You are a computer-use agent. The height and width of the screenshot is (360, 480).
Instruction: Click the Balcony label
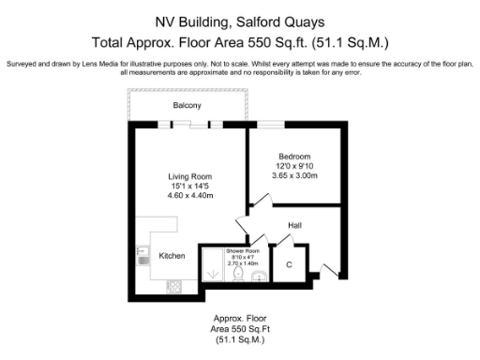click(187, 106)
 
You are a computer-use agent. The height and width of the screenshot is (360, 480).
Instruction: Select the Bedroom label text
click(294, 157)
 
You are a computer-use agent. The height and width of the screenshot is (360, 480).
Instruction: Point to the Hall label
click(295, 226)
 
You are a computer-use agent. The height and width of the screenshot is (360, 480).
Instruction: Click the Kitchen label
click(172, 256)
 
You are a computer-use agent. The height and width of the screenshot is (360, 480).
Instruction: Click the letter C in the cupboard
click(289, 264)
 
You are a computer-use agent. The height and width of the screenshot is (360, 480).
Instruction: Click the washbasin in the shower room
click(258, 277)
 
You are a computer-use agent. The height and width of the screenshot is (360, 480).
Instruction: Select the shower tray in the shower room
click(213, 269)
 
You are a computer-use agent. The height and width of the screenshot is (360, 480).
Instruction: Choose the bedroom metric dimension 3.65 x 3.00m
click(294, 175)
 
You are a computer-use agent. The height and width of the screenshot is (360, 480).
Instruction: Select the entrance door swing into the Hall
click(326, 266)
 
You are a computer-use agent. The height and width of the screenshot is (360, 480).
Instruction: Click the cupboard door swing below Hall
click(278, 241)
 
